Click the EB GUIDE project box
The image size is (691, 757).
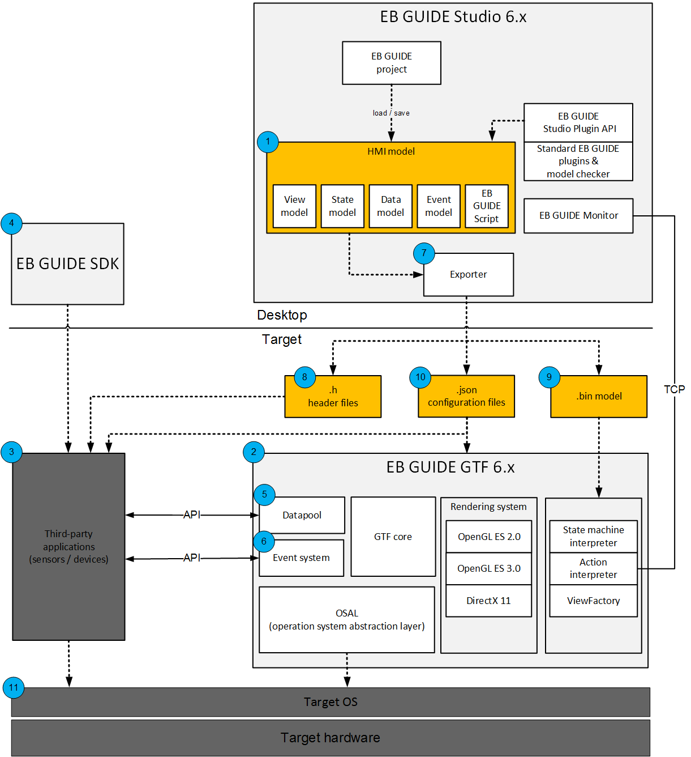(x=391, y=63)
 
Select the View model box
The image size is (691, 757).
(x=294, y=206)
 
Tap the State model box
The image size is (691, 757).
(x=342, y=206)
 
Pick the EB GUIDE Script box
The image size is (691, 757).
(x=487, y=206)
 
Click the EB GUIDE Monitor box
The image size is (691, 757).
(x=578, y=215)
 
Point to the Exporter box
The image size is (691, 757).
(x=468, y=274)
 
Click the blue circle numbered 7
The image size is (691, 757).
(x=424, y=253)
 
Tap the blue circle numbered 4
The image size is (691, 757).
(x=11, y=223)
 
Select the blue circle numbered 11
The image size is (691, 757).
(x=14, y=687)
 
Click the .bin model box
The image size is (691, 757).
(x=599, y=396)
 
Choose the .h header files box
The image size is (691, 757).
(x=333, y=396)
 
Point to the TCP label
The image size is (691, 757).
(x=674, y=389)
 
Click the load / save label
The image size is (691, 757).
(x=391, y=113)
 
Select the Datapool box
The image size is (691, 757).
(x=302, y=515)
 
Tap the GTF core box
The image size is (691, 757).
(x=393, y=536)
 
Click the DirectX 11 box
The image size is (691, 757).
(x=488, y=601)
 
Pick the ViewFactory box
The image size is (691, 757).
(x=593, y=601)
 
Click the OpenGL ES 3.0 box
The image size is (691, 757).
(x=488, y=568)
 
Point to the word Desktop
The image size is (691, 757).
(x=282, y=315)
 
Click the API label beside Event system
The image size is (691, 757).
(x=191, y=558)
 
